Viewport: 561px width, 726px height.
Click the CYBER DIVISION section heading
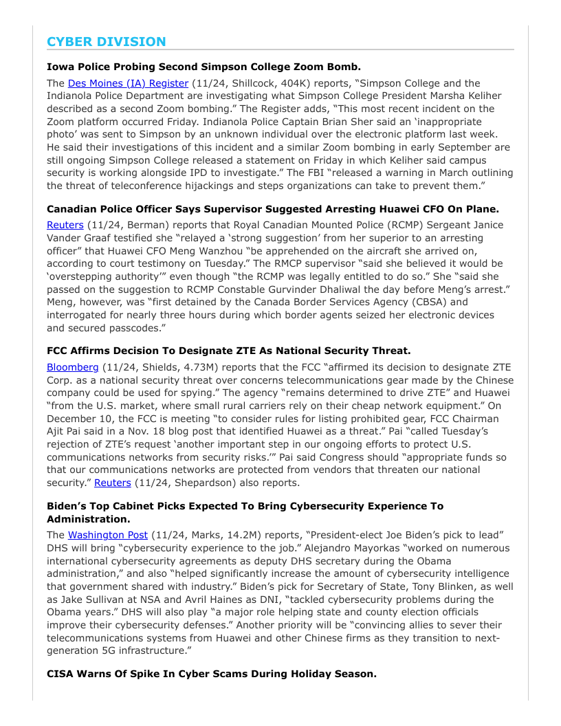pyautogui.click(x=107, y=42)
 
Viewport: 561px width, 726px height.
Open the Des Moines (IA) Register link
pyautogui.click(x=128, y=83)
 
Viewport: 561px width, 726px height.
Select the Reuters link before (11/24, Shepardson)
pyautogui.click(x=112, y=483)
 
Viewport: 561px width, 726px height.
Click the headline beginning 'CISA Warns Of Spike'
pyautogui.click(x=212, y=674)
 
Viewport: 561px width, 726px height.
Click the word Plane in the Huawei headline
pyautogui.click(x=482, y=209)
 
